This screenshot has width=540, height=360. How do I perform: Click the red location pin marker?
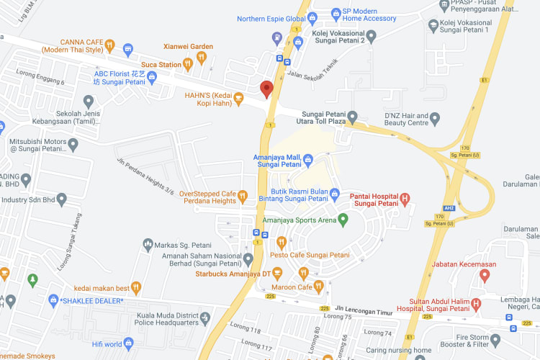point(266,89)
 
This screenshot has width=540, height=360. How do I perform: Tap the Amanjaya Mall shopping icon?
point(307,158)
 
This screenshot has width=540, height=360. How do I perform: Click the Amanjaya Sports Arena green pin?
point(343,220)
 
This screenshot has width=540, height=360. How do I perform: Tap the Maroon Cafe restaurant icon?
point(303,274)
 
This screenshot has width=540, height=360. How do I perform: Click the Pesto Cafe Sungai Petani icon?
point(282,242)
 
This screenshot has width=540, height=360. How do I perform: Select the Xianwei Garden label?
point(189,47)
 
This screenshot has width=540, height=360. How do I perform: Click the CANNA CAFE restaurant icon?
point(109,46)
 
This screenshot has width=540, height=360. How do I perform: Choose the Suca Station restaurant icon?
point(188,65)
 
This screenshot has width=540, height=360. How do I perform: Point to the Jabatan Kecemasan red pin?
point(485,275)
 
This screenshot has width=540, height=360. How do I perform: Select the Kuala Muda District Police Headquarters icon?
point(205,317)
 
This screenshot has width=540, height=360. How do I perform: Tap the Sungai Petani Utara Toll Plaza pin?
point(352,117)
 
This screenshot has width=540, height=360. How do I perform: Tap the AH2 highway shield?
point(449,208)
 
